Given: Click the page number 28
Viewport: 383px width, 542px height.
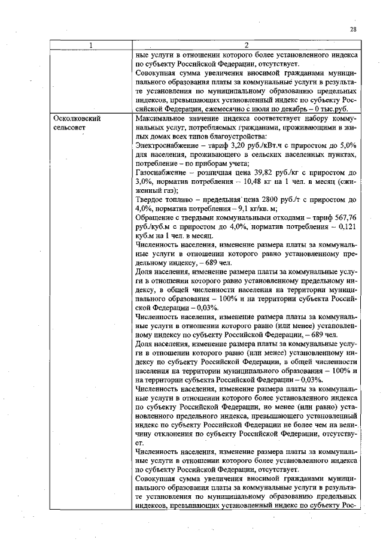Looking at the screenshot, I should coord(353,29).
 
